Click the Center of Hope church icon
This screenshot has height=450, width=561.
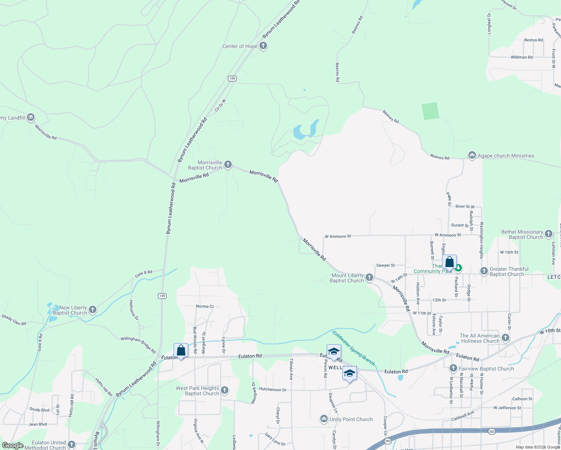pyautogui.click(x=263, y=46)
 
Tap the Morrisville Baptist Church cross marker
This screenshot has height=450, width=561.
pyautogui.click(x=228, y=165)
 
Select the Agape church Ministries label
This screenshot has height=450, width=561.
pyautogui.click(x=505, y=156)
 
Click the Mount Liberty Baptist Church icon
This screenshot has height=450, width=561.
pyautogui.click(x=369, y=277)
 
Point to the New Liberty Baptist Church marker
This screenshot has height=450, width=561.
pyautogui.click(x=93, y=310)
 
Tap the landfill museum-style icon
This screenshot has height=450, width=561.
pyautogui.click(x=31, y=117)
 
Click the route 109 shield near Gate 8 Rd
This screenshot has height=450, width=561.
pyautogui.click(x=162, y=296)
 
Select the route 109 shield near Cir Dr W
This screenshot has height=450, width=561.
pyautogui.click(x=232, y=78)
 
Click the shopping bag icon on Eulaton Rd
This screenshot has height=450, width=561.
pyautogui.click(x=181, y=351)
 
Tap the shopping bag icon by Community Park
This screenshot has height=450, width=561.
pyautogui.click(x=449, y=262)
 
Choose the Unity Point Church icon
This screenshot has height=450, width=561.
pyautogui.click(x=324, y=419)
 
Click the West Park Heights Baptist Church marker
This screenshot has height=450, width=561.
pyautogui.click(x=225, y=390)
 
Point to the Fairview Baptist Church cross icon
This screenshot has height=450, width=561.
pyautogui.click(x=453, y=368)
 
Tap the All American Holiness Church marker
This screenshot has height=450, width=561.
pyautogui.click(x=505, y=338)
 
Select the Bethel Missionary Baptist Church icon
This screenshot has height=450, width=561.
pyautogui.click(x=549, y=234)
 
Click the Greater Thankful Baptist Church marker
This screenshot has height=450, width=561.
pyautogui.click(x=484, y=271)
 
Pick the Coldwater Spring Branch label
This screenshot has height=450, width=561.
pyautogui.click(x=354, y=348)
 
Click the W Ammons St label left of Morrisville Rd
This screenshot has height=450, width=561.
pyautogui.click(x=338, y=236)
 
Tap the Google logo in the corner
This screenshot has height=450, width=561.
pyautogui.click(x=12, y=445)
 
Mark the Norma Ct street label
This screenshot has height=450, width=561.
pyautogui.click(x=205, y=306)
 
